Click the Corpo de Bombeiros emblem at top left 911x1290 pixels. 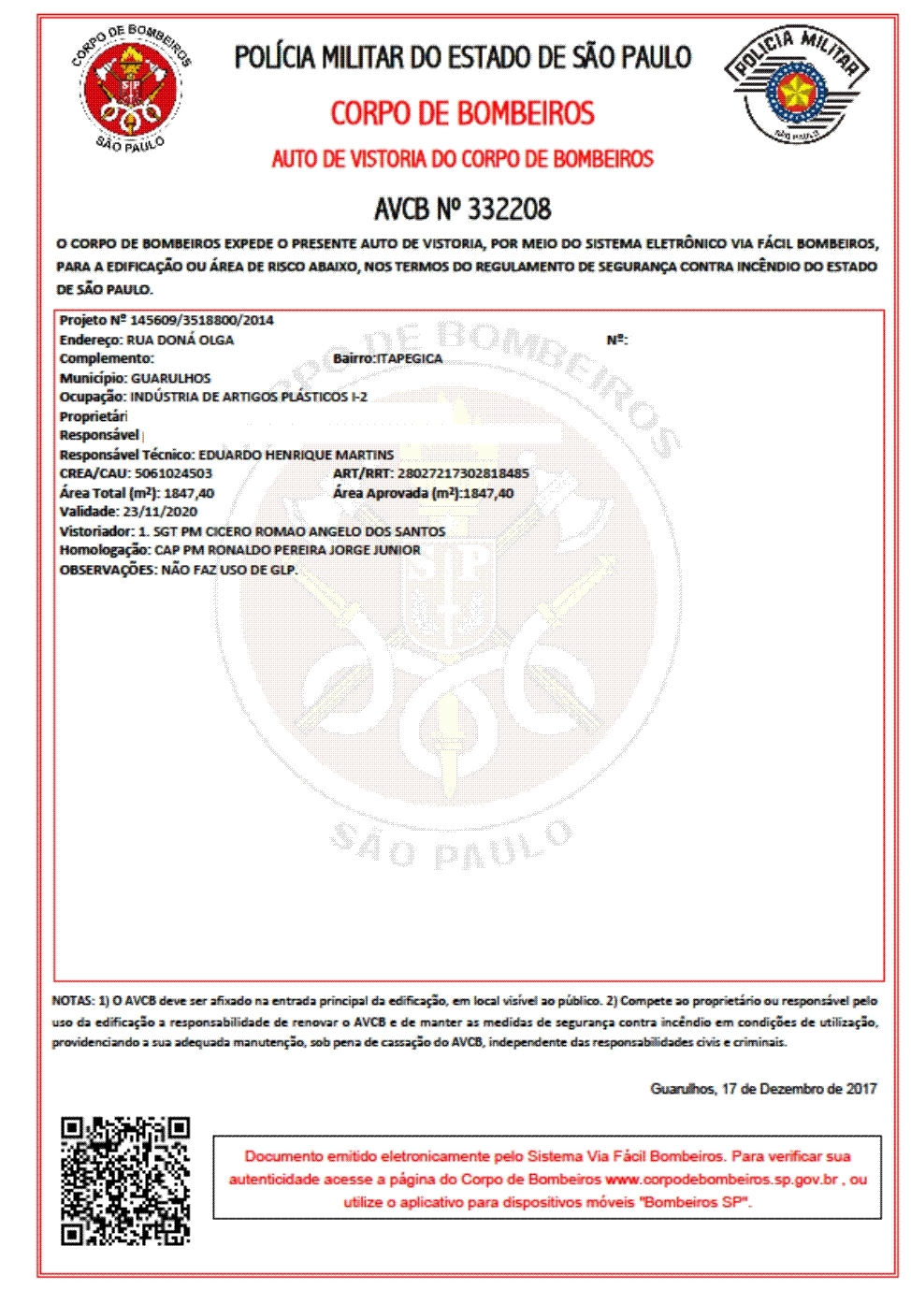[132, 88]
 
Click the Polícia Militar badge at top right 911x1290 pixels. [796, 85]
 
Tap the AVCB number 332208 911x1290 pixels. [509, 208]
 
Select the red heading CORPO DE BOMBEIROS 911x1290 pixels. [462, 113]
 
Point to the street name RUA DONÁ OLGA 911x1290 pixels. [180, 340]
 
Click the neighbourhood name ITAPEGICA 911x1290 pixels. [409, 358]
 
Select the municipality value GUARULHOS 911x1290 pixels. [171, 378]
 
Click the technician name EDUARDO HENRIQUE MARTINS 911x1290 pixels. [296, 455]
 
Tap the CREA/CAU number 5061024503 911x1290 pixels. [173, 473]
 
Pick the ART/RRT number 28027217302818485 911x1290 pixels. [463, 473]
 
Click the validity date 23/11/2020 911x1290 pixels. [160, 512]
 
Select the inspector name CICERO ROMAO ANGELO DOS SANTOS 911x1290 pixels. [325, 531]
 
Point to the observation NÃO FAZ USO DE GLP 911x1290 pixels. [229, 570]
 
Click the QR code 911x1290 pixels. [125, 1181]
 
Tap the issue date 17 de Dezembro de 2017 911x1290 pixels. [799, 1089]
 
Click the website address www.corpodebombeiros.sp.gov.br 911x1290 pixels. [721, 1180]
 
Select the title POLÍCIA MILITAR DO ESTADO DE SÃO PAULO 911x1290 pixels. [462, 58]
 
